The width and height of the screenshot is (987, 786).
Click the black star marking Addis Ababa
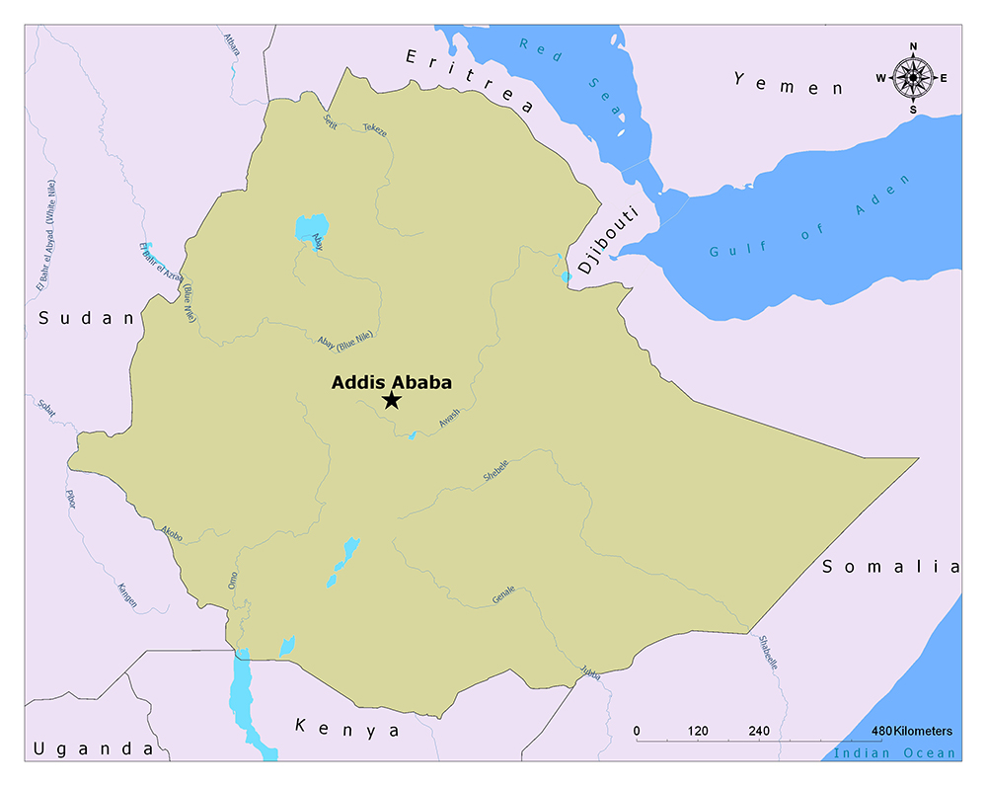click(x=392, y=400)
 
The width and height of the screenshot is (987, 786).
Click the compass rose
click(x=914, y=77)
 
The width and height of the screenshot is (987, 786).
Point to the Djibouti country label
click(x=609, y=241)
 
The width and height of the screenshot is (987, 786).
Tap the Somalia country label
click(x=890, y=566)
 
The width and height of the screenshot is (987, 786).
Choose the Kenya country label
click(x=347, y=729)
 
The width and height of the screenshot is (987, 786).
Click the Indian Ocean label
click(x=894, y=753)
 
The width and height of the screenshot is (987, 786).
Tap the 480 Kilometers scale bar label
click(x=911, y=731)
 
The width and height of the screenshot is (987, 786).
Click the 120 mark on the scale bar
click(x=698, y=731)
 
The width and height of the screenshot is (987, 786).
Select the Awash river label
click(x=448, y=422)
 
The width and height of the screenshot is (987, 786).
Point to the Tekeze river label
click(x=375, y=128)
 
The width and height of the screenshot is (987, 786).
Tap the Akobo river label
click(x=171, y=533)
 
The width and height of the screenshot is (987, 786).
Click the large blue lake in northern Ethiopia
click(x=309, y=230)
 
